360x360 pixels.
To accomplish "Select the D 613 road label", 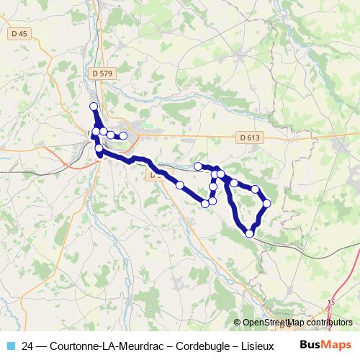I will (247, 138).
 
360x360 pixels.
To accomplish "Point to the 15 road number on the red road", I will (331, 303).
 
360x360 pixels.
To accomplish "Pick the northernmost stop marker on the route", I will (93, 107).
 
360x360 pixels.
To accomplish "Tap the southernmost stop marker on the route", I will (250, 233).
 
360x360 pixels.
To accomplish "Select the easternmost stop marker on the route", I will (266, 203).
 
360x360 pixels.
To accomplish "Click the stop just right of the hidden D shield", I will (180, 185).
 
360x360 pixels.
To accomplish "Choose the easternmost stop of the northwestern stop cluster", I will (123, 135).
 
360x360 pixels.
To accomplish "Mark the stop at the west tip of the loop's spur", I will (198, 166).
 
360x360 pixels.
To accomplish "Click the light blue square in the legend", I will (10, 345).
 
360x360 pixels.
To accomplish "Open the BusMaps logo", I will (325, 344).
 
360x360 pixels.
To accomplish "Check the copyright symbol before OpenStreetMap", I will (238, 323).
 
